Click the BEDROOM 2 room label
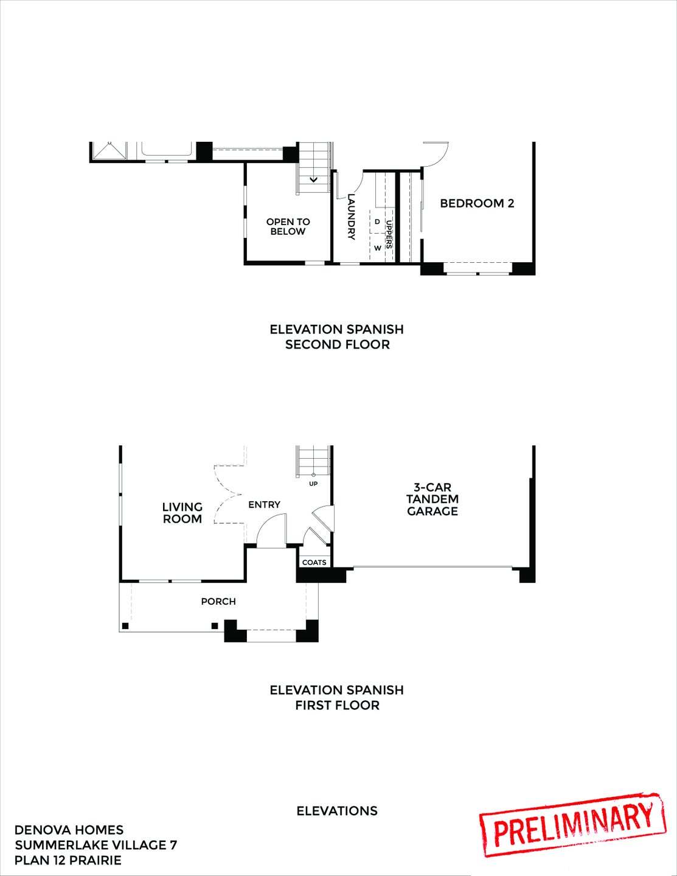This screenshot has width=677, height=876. point(477,203)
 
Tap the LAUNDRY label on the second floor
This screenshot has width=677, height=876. point(351,217)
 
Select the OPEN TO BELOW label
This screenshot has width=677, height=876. point(288,227)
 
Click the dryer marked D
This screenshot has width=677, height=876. point(377,222)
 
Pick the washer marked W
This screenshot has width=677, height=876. point(377,248)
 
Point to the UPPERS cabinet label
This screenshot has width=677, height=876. point(389,235)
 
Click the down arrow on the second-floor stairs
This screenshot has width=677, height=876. point(314,179)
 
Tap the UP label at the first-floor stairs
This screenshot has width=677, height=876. point(314,484)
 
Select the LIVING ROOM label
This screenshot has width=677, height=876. point(182,513)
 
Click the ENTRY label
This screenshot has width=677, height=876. point(264,504)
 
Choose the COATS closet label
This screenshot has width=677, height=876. point(314,562)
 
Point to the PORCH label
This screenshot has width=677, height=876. point(218,602)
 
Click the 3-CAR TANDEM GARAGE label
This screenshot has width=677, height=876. point(432,499)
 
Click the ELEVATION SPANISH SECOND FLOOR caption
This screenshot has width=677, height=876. point(337,337)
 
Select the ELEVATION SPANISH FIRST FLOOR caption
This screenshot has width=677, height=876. point(337,697)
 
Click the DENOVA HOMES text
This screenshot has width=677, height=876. point(69,830)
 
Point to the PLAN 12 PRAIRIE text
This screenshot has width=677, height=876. point(68,860)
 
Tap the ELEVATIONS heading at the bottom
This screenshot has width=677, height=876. point(337,811)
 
